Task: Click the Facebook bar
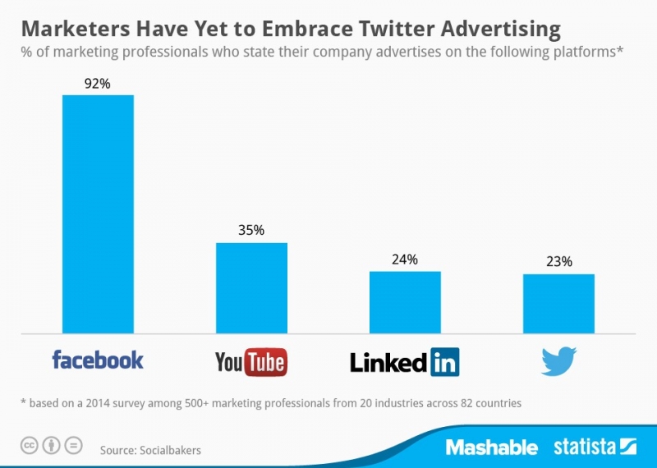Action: tap(98, 214)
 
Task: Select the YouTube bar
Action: tap(251, 288)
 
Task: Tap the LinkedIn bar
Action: tap(405, 302)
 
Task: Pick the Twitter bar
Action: tap(558, 304)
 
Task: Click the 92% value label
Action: tap(98, 83)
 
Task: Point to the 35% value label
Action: tap(251, 231)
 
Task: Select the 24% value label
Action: tap(405, 259)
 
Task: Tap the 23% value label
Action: tap(558, 262)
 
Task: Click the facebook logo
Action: tap(98, 360)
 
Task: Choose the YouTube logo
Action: tap(250, 361)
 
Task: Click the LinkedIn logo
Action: tap(404, 361)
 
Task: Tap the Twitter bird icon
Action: tap(558, 361)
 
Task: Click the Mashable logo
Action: tap(491, 447)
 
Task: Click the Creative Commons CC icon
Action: tap(30, 446)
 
